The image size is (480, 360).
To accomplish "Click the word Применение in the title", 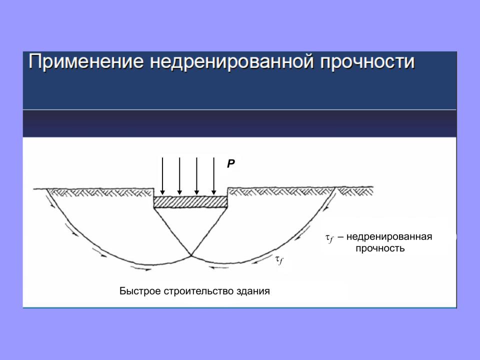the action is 86,62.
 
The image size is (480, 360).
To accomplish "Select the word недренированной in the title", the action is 231,62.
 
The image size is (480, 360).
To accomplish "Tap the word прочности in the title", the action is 367,62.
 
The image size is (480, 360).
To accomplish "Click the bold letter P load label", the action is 231,164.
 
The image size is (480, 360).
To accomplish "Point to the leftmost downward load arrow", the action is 162,176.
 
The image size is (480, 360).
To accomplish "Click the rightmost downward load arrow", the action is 213,176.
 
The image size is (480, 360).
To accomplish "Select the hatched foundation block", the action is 190,202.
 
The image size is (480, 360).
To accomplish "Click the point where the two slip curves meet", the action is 191,255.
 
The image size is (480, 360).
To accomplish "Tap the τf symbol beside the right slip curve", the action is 279,260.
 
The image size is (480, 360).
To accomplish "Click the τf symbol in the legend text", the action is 329,238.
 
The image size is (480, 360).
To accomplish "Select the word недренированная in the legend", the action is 389,236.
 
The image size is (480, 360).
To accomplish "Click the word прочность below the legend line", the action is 380,248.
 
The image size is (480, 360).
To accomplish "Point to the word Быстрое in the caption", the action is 140,291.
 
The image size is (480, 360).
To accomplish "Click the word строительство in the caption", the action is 198,291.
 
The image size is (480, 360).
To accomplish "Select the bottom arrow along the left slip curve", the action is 141,269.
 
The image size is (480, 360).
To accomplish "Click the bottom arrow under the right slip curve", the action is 218,267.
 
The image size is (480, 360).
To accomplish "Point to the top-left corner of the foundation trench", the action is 153,188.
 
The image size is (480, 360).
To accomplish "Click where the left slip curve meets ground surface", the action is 46,189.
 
